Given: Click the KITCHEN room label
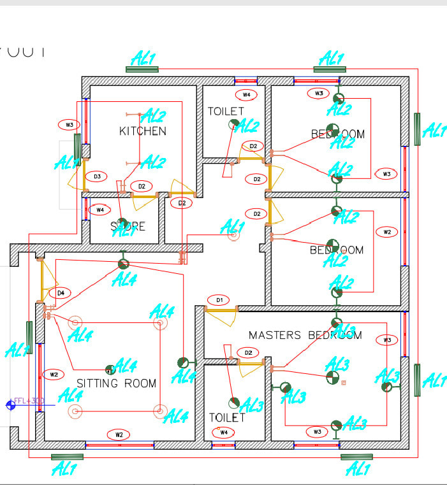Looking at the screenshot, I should tap(143, 131).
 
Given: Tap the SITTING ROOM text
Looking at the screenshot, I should tap(116, 383).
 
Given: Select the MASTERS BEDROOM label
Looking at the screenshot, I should tap(305, 335).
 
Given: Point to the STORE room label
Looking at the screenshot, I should tap(128, 226).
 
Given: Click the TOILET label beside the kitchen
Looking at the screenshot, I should tap(225, 111).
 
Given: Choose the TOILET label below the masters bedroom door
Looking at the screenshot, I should tap(227, 418).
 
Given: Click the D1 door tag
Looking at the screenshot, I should tap(219, 300).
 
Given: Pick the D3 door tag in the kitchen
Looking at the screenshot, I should tap(97, 176).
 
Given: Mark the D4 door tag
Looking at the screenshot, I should tap(61, 293).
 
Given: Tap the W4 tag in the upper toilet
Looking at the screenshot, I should tap(246, 95).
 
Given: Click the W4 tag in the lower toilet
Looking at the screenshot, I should tap(223, 432).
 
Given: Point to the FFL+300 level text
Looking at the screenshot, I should tap(29, 401).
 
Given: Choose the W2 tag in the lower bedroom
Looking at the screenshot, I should tap(386, 232).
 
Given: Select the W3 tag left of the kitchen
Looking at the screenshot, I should tap(70, 124).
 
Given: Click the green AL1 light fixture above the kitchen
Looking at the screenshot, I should tap(142, 69).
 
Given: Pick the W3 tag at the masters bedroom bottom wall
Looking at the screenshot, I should tap(317, 432).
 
